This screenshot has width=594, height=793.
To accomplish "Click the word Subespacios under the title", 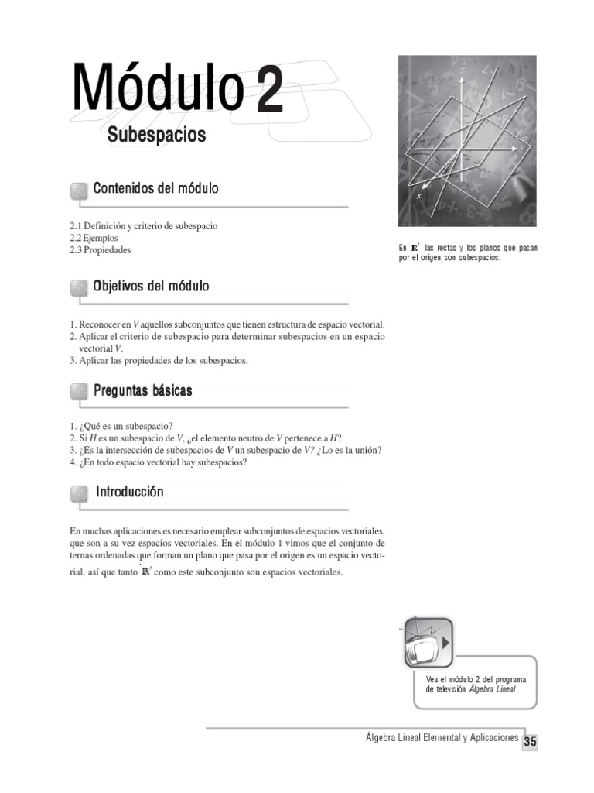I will pyautogui.click(x=157, y=135).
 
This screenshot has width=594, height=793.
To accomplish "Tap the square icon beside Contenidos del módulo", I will pyautogui.click(x=78, y=191).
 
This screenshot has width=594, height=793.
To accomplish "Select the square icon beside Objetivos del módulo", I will pyautogui.click(x=78, y=288).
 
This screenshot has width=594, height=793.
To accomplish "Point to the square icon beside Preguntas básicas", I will pyautogui.click(x=78, y=392).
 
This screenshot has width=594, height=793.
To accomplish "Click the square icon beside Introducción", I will pyautogui.click(x=78, y=494).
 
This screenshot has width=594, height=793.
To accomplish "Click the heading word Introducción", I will pyautogui.click(x=129, y=493).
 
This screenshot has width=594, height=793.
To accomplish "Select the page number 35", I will pyautogui.click(x=530, y=742).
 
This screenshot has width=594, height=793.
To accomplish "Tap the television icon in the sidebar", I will pyautogui.click(x=427, y=640).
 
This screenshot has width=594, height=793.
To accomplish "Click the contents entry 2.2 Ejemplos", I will pyautogui.click(x=94, y=239).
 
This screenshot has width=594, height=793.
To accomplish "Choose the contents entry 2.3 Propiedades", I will pyautogui.click(x=101, y=250).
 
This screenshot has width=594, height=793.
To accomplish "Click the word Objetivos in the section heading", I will pyautogui.click(x=118, y=287).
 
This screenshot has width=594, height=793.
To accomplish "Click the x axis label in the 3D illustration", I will pyautogui.click(x=419, y=197).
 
